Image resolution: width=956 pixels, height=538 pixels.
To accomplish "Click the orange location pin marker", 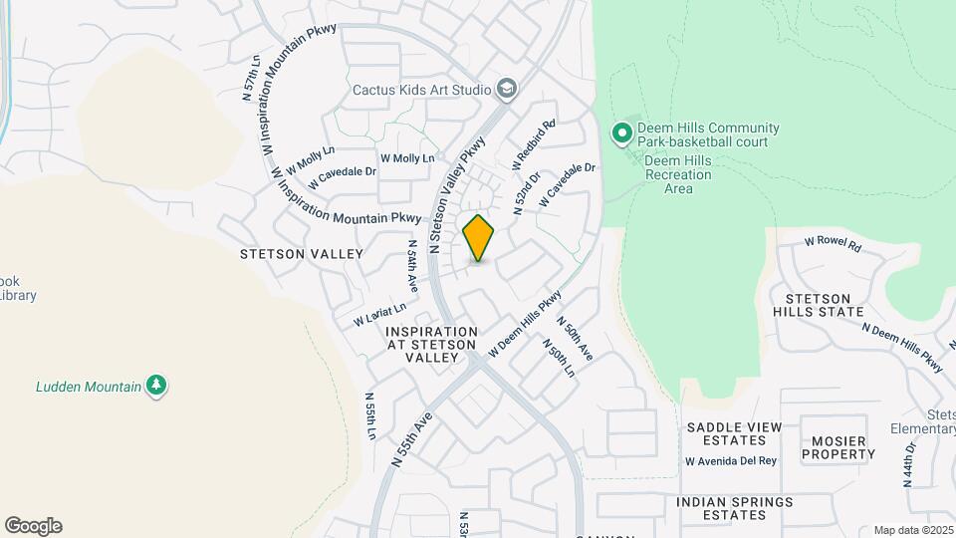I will pyautogui.click(x=478, y=238).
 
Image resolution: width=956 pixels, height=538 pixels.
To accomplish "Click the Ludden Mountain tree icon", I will pyautogui.click(x=155, y=386).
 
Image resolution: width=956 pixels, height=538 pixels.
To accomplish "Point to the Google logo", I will pyautogui.click(x=33, y=525).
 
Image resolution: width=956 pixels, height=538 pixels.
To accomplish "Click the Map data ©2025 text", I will pyautogui.click(x=911, y=530).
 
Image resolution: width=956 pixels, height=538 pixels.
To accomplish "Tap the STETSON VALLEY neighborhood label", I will pyautogui.click(x=302, y=254).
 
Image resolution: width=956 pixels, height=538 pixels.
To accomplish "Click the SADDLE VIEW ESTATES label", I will pyautogui.click(x=734, y=433).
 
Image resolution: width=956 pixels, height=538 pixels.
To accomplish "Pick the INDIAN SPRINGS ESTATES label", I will pyautogui.click(x=735, y=508).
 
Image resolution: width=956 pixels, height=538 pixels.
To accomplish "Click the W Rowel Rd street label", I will pyautogui.click(x=833, y=241).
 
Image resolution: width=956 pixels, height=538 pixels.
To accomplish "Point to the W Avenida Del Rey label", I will pyautogui.click(x=731, y=461).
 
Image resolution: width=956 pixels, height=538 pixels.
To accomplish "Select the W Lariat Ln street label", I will pyautogui.click(x=380, y=315).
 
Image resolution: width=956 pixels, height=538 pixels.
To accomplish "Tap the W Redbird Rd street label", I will pyautogui.click(x=533, y=143).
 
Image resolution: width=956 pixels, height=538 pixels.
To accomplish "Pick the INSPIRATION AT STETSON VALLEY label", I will pyautogui.click(x=431, y=344).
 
